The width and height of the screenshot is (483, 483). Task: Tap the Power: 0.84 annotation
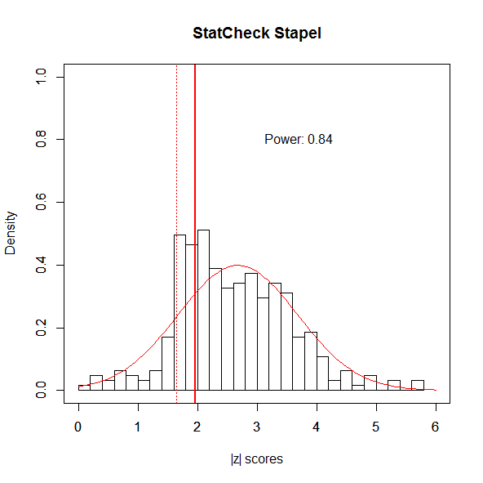298,139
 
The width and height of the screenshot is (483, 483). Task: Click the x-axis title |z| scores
256,459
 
